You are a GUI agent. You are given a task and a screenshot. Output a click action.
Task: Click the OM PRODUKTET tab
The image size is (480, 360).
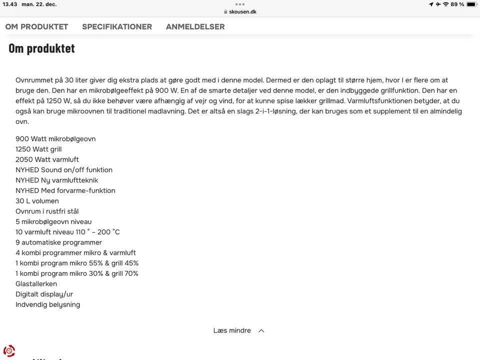36,26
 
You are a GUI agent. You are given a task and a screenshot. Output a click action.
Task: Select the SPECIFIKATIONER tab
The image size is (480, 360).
117,26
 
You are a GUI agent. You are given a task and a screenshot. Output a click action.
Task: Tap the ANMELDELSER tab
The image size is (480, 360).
195,26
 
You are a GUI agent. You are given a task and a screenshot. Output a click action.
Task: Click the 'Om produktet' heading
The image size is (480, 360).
41,48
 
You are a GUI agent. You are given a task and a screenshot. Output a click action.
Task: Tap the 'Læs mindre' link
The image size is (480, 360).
232,330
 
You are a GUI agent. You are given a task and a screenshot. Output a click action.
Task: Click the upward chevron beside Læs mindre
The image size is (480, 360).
261,330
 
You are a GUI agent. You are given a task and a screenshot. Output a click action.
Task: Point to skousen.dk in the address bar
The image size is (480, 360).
242,11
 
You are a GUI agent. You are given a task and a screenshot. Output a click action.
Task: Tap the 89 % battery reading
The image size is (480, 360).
457,4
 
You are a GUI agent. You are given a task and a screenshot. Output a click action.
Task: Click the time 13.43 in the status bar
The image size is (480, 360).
9,4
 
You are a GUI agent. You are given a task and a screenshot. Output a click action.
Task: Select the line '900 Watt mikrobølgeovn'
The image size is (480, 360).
55,139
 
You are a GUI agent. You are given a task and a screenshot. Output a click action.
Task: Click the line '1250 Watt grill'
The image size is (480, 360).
38,149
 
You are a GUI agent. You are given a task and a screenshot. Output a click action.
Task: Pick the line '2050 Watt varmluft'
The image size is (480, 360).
47,159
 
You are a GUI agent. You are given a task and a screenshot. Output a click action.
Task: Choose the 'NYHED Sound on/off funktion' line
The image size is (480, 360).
64,170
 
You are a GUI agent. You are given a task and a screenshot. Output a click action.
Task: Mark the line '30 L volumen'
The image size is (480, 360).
37,201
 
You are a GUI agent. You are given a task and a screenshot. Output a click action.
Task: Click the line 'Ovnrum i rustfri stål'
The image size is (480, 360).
47,211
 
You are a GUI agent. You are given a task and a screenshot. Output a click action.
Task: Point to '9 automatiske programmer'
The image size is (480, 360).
58,242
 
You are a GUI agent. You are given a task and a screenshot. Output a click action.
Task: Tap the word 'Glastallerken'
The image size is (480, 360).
36,284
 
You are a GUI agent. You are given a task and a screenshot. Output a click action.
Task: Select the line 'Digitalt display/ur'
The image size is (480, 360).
44,294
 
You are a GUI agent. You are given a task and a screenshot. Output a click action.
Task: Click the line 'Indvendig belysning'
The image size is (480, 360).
47,304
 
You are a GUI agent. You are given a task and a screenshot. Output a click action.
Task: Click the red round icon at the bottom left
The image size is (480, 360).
9,350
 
